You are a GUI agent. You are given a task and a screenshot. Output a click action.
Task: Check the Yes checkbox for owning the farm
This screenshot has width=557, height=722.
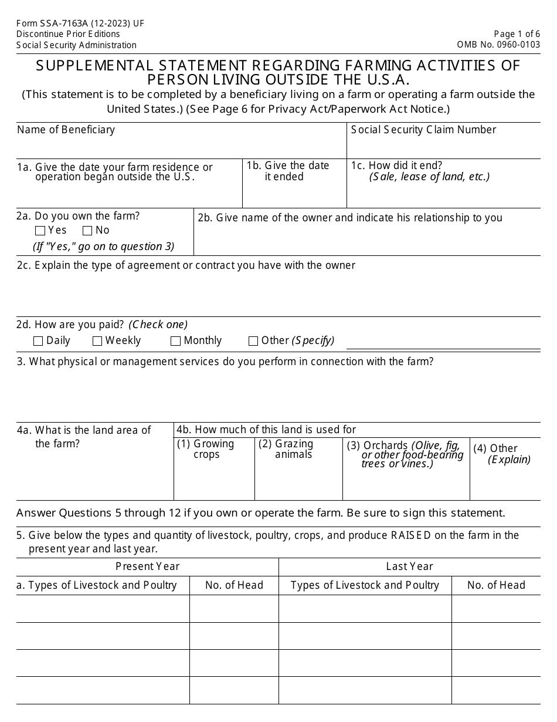pyautogui.click(x=40, y=231)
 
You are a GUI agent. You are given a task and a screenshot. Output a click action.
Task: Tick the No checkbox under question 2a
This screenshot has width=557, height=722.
pyautogui.click(x=87, y=231)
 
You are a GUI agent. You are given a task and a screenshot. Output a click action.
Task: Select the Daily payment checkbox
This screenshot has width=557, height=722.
pyautogui.click(x=39, y=341)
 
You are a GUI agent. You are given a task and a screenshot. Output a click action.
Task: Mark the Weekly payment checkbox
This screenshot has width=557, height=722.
pyautogui.click(x=97, y=341)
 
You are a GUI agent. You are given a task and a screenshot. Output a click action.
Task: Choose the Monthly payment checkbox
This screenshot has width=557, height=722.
pyautogui.click(x=175, y=341)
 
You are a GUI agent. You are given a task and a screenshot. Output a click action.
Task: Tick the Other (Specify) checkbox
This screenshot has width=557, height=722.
pyautogui.click(x=253, y=341)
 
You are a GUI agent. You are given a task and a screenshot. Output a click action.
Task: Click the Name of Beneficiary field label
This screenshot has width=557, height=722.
pyautogui.click(x=66, y=130)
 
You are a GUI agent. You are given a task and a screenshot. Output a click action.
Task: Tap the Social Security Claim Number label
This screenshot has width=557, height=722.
pyautogui.click(x=423, y=130)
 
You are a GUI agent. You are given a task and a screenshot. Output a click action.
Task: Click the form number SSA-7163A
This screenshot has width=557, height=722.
pyautogui.click(x=80, y=23)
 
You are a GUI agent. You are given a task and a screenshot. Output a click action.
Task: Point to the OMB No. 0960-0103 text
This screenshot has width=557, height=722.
pyautogui.click(x=498, y=45)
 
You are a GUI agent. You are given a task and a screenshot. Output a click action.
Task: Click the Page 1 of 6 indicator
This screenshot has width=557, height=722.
pyautogui.click(x=517, y=34)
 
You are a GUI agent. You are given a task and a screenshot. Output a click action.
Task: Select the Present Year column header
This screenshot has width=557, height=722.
pyautogui.click(x=147, y=566)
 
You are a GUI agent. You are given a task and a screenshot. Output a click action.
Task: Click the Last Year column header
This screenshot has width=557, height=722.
pyautogui.click(x=409, y=566)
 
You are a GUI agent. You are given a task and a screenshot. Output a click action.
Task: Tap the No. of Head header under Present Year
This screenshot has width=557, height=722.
pyautogui.click(x=234, y=585)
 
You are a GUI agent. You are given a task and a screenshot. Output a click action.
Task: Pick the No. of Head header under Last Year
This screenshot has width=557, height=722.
pyautogui.click(x=496, y=585)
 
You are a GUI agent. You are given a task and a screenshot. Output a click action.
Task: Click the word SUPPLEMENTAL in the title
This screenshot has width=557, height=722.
pyautogui.click(x=94, y=65)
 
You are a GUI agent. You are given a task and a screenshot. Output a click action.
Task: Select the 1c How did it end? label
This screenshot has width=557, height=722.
pyautogui.click(x=405, y=166)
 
